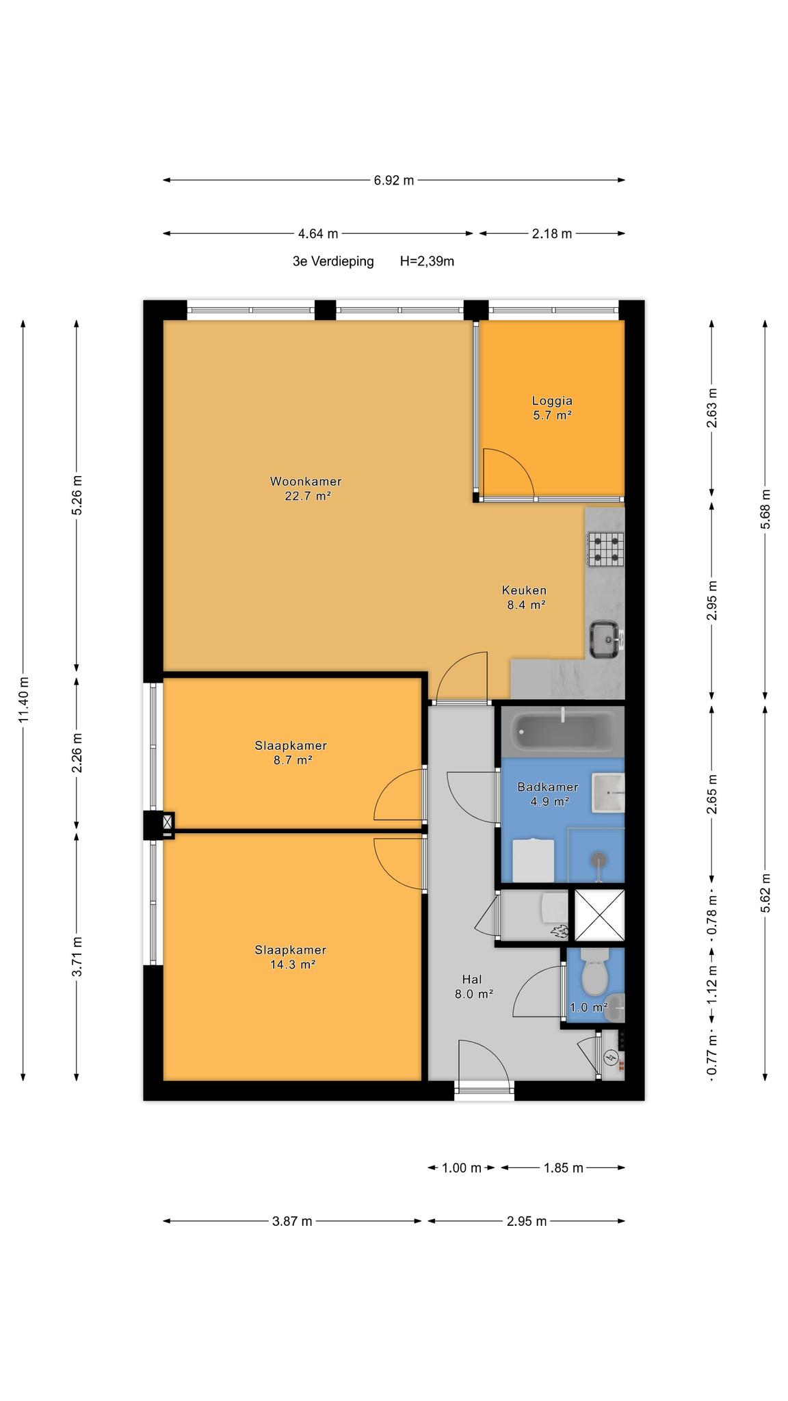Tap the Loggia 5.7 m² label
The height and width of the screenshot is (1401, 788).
pos(552,408)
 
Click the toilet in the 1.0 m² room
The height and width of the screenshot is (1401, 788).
pos(594,971)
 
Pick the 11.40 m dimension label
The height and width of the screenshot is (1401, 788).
pos(24,698)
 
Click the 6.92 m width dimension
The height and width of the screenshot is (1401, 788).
pos(393,181)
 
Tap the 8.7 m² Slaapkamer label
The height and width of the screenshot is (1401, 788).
pos(291,752)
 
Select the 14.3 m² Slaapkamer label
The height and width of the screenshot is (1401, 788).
pos(291,957)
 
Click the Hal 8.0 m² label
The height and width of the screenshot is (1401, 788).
pos(473,987)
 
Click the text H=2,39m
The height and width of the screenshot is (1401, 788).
pos(428,261)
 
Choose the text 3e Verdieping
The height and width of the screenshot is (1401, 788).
pos(333,261)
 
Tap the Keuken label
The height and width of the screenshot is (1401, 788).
pos(524,590)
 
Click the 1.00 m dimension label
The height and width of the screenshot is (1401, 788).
pos(462,1168)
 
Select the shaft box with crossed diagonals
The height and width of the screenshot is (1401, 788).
pos(599,915)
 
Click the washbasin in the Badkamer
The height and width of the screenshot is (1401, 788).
pos(608,793)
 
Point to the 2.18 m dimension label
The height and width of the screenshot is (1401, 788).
pos(552,234)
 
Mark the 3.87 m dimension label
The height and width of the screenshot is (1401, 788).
pos(292,1221)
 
